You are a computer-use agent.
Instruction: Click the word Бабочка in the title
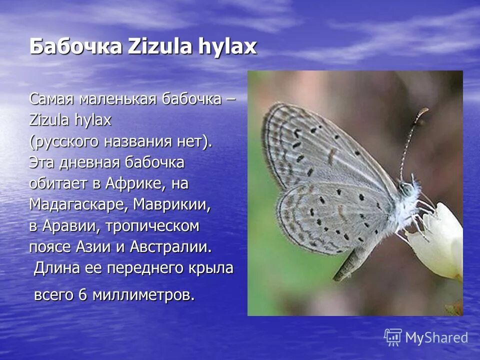[75, 47]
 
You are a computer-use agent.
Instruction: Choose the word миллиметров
[143, 295]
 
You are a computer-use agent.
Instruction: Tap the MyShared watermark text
[436, 338]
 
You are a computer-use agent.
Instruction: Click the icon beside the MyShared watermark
[393, 337]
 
